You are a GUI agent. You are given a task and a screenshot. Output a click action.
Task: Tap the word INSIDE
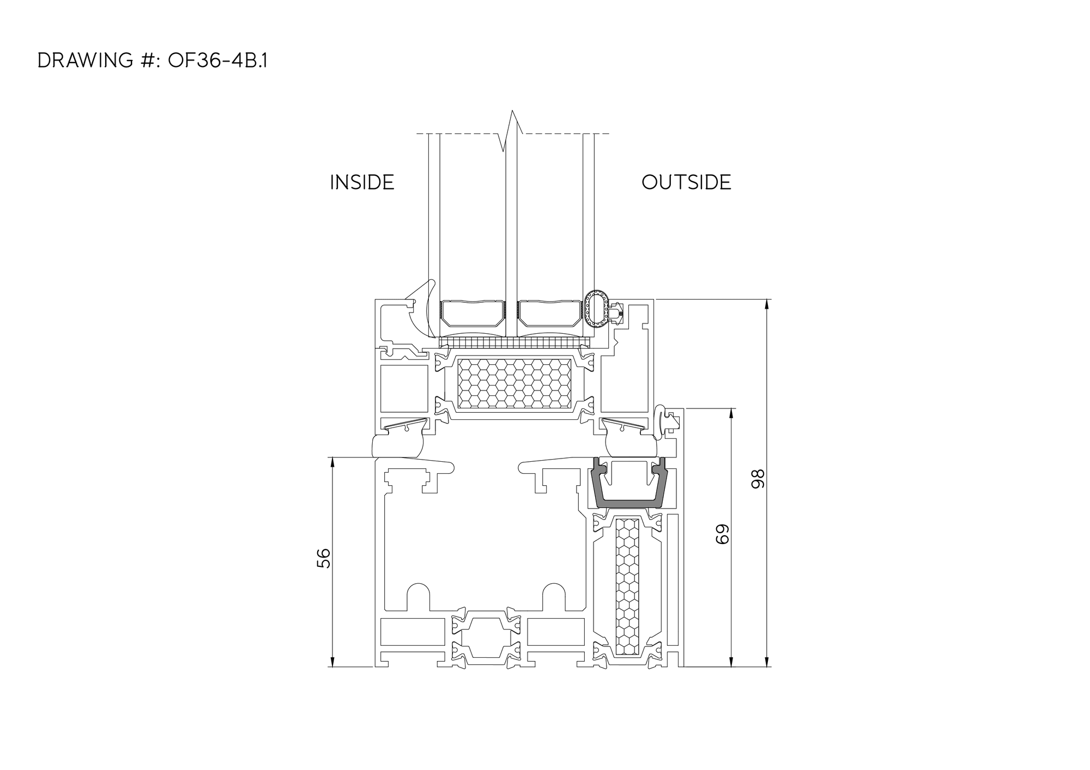(x=362, y=182)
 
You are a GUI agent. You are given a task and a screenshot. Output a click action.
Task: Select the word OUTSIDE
(x=686, y=182)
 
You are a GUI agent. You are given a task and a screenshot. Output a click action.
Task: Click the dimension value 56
(x=324, y=558)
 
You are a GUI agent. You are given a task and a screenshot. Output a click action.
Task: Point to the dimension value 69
(x=722, y=534)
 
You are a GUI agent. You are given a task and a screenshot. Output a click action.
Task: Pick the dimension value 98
(x=758, y=479)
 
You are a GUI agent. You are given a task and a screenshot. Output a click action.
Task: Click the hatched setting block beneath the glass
(x=515, y=343)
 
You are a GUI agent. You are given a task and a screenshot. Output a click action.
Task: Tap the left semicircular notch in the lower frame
(x=419, y=597)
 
